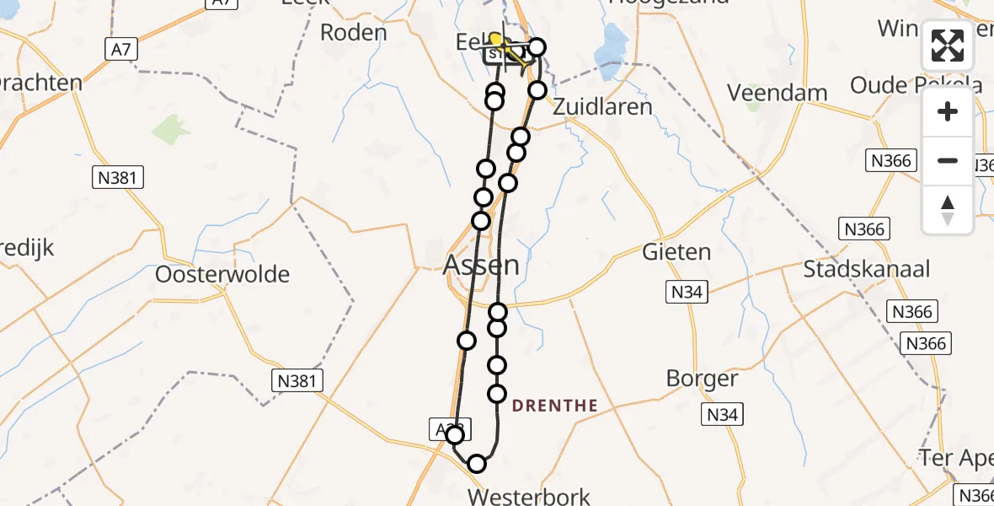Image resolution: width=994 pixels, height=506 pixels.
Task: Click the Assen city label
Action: click(482, 266)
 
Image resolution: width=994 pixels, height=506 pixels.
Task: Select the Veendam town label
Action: click(777, 93)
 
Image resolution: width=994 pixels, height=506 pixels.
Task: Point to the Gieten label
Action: click(676, 251)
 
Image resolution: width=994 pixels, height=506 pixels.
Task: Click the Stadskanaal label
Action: click(866, 269)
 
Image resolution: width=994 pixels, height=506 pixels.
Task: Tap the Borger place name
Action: click(702, 378)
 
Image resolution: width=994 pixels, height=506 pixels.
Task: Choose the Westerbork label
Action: click(530, 496)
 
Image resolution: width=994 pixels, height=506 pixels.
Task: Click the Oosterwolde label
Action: click(222, 274)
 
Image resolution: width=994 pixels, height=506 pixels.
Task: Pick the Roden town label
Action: click(354, 33)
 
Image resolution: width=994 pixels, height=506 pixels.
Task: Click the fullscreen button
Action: click(948, 46)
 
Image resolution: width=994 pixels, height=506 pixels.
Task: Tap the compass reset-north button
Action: click(948, 210)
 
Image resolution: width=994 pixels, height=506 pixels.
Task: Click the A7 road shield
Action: click(121, 51)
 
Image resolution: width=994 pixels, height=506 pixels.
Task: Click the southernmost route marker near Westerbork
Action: click(477, 463)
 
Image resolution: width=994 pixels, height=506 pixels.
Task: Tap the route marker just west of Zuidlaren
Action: click(537, 90)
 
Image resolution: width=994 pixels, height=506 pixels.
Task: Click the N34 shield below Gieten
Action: click(687, 293)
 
